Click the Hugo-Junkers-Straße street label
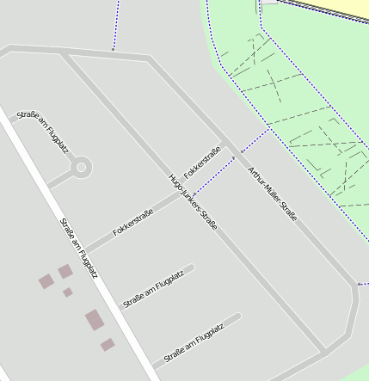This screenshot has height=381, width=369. coord(193,203)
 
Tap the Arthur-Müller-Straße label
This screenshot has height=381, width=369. coord(272,194)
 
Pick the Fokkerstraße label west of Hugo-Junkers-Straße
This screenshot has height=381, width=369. coord(132,222)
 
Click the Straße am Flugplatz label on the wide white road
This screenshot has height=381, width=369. coord(78,248)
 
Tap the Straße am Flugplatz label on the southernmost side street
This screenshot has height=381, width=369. coord(194,343)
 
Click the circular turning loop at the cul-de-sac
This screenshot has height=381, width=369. coord(82,166)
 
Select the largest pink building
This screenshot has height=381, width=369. coord(95,321)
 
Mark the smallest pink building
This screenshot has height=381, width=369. coord(68,292)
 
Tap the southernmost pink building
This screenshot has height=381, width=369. coord(108,345)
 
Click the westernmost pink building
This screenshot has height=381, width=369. coord(46,281)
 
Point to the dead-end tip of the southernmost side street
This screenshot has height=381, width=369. coord(237,316)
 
